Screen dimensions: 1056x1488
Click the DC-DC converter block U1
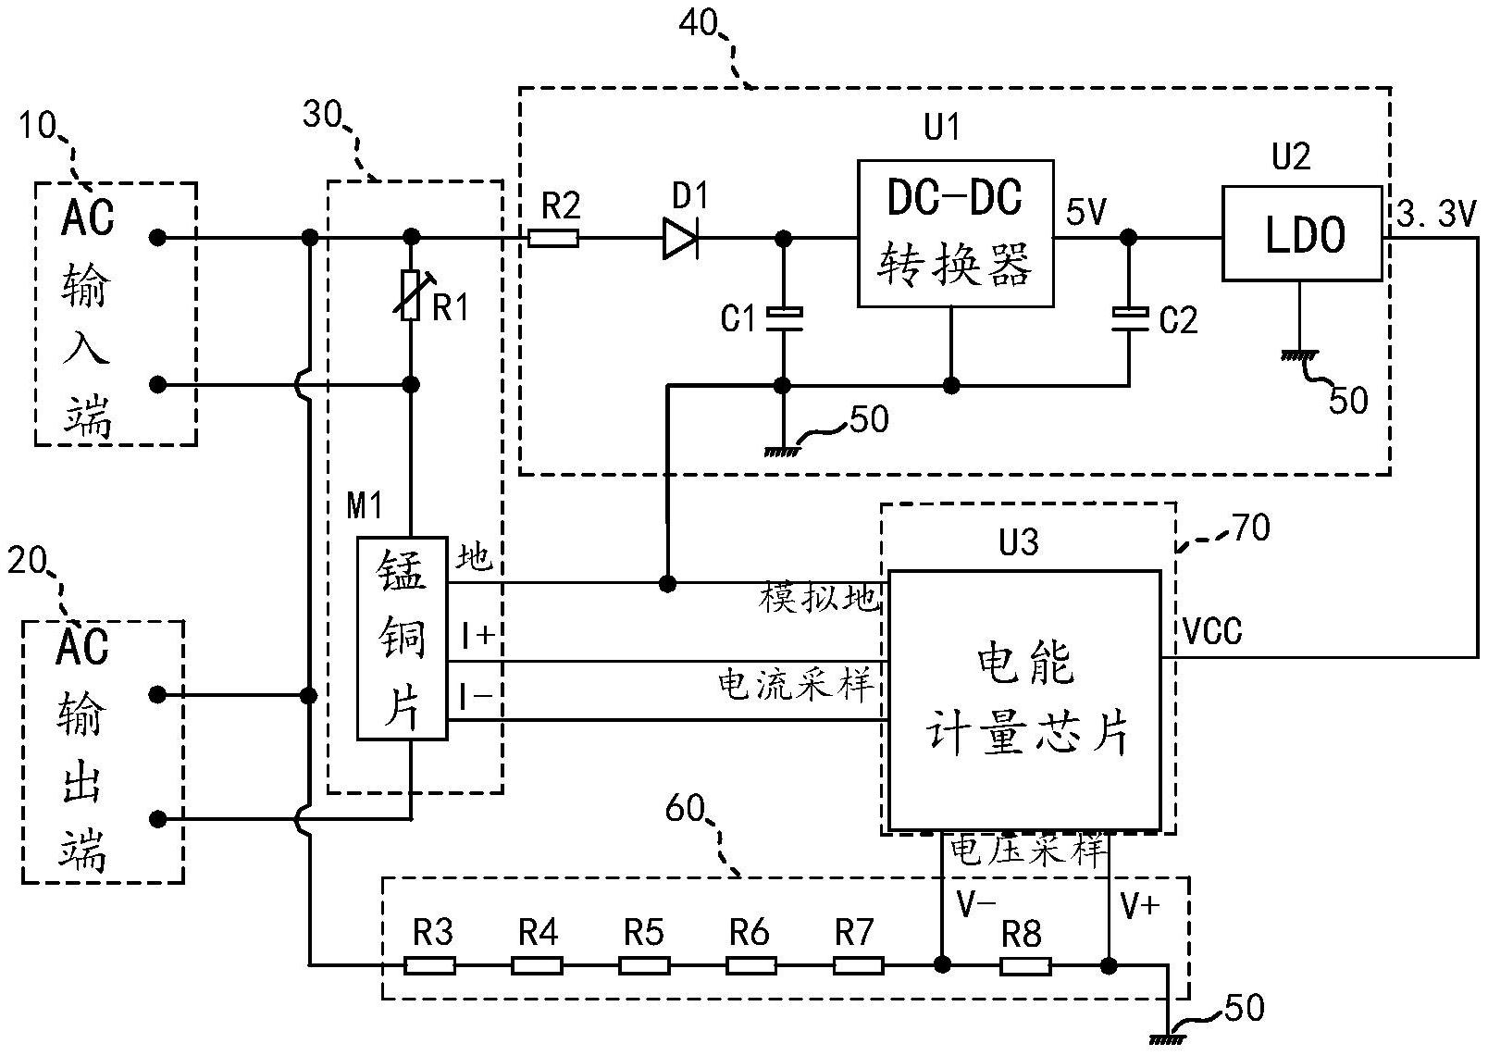tap(955, 233)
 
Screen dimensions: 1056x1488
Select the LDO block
tap(1301, 233)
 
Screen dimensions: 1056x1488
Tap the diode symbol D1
tap(680, 240)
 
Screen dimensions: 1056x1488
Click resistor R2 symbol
tap(553, 239)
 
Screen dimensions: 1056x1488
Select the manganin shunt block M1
tap(403, 639)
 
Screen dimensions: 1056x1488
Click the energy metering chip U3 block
tap(1023, 700)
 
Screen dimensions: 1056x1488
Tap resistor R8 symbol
tap(1025, 966)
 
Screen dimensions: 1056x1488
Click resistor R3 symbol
tap(430, 966)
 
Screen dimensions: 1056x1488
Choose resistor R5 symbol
tap(644, 966)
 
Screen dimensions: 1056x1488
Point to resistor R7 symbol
tap(858, 966)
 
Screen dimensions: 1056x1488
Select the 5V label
tap(1086, 213)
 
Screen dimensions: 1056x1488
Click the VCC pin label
tap(1213, 632)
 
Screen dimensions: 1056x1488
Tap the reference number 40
tap(699, 23)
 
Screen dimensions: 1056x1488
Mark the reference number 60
tap(686, 809)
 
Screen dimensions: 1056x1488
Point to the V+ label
tap(1139, 904)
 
